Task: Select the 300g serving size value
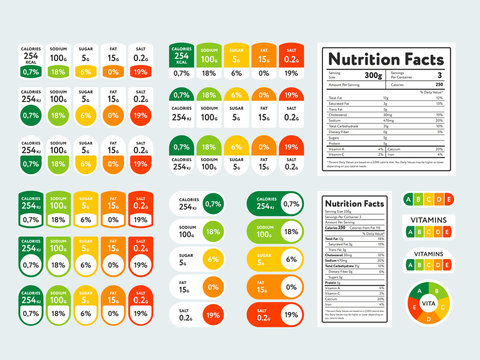pyautogui.click(x=373, y=76)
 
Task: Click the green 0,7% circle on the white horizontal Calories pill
pyautogui.click(x=213, y=203)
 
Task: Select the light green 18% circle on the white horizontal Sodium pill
pyautogui.click(x=213, y=231)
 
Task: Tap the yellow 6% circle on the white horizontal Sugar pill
pyautogui.click(x=213, y=259)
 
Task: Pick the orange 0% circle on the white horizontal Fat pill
pyautogui.click(x=213, y=287)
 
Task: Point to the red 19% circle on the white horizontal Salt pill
pyautogui.click(x=213, y=315)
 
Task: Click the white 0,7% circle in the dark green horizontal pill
pyautogui.click(x=291, y=203)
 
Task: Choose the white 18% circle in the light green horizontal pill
pyautogui.click(x=291, y=231)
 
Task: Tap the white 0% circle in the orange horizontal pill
pyautogui.click(x=291, y=287)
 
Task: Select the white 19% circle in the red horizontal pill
pyautogui.click(x=291, y=315)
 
